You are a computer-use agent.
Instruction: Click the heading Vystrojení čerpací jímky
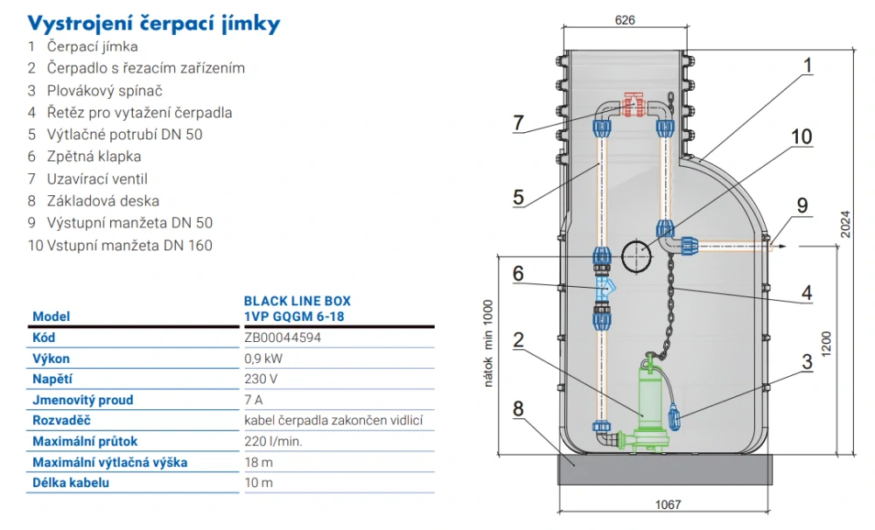[154, 23]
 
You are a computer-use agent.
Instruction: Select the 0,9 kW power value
[263, 359]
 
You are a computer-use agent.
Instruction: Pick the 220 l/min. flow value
[273, 442]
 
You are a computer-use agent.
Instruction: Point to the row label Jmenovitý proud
[83, 400]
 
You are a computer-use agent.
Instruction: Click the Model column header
[51, 317]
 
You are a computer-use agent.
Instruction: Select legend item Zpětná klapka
[84, 157]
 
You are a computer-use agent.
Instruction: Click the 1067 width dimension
[667, 505]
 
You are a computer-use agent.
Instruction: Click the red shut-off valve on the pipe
[633, 106]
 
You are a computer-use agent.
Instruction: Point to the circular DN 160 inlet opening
[636, 257]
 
